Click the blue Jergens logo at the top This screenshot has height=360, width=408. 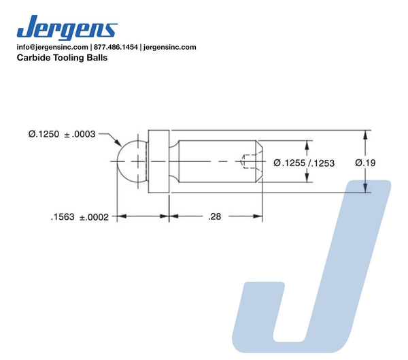[x=67, y=27]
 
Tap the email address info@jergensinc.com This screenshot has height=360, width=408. [x=52, y=47]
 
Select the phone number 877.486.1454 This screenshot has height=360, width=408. [x=116, y=47]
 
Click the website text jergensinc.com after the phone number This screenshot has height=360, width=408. [x=169, y=47]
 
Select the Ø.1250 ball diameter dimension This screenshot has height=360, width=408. [x=44, y=134]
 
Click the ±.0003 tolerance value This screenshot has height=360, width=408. [x=80, y=134]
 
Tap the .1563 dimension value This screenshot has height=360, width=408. [x=63, y=216]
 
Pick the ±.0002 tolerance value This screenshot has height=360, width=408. [x=94, y=216]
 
